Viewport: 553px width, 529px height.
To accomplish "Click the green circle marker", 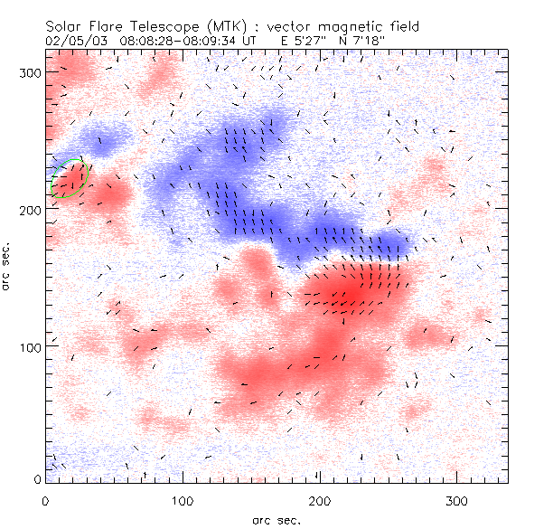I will click(x=68, y=178).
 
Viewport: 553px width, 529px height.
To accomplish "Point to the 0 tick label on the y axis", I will click(x=36, y=479).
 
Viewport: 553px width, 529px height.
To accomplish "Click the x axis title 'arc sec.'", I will click(x=276, y=519).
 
